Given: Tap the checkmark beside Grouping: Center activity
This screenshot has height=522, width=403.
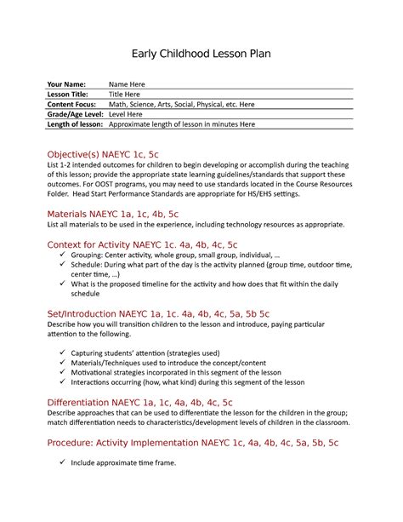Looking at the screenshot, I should (x=63, y=255).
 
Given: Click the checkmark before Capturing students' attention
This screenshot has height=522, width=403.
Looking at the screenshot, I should (x=63, y=353).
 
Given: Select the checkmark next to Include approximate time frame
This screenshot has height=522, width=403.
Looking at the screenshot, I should (x=63, y=462).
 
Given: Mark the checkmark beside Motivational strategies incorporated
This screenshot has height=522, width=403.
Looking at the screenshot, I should (x=63, y=373).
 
